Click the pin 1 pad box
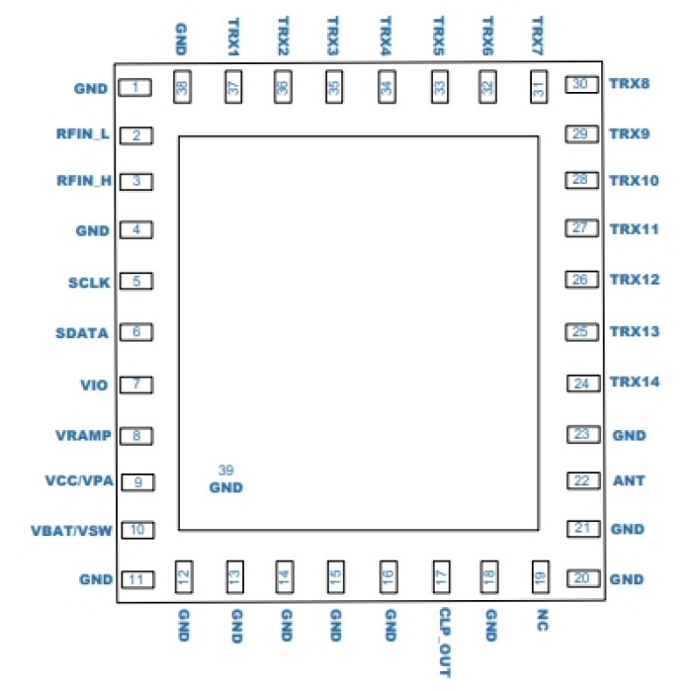pos(134,88)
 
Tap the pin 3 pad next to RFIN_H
pos(135,182)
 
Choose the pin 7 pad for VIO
pos(135,384)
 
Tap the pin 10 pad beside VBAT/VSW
pos(137,530)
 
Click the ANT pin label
pos(629,481)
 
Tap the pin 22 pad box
pos(581,480)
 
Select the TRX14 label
pos(635,382)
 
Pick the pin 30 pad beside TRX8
pos(581,85)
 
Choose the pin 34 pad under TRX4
pos(386,87)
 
